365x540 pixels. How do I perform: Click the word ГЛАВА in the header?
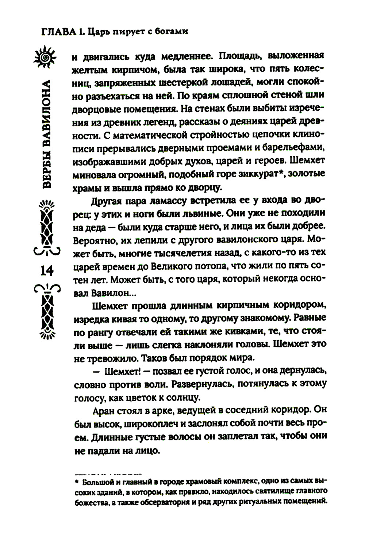click(x=57, y=32)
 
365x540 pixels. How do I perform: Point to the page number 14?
click(x=47, y=271)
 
